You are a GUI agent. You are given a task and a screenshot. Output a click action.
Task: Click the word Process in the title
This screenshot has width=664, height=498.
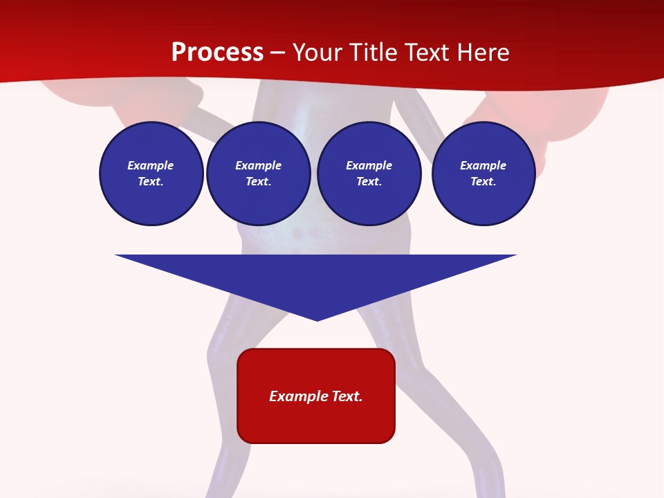(x=217, y=53)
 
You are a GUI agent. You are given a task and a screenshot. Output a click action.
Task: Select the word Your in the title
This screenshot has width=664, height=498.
(x=315, y=53)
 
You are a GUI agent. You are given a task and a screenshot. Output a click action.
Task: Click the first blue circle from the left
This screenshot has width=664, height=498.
(x=151, y=174)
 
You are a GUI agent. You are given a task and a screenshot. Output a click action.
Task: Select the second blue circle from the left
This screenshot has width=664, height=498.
(x=259, y=174)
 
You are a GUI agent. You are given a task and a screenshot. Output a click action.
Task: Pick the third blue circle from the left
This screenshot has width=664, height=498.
(x=369, y=174)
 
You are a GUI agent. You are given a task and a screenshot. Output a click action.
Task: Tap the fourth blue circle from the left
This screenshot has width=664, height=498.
(x=483, y=174)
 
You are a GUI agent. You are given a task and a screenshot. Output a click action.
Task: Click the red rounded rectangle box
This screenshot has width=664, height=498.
(x=316, y=396)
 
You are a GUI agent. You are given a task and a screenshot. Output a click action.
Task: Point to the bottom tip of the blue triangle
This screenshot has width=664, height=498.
(x=317, y=320)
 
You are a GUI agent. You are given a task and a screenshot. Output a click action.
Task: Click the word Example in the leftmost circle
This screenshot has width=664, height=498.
(x=151, y=165)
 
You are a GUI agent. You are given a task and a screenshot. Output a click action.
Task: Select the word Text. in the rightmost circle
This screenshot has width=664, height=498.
(x=483, y=182)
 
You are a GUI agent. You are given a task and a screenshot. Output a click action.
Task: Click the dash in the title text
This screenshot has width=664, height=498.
(x=278, y=53)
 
